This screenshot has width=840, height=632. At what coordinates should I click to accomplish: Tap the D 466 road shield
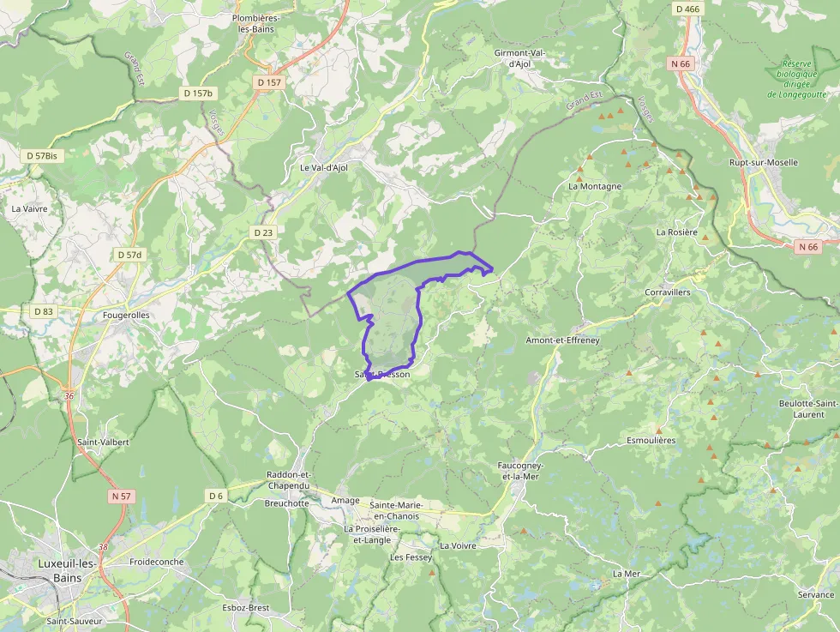(687, 9)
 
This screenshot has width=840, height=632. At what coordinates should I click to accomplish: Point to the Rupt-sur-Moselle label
(763, 162)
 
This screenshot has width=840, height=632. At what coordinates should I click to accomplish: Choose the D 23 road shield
(263, 232)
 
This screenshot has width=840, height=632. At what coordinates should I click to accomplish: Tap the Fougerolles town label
(126, 315)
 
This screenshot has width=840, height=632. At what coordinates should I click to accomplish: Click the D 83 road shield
(43, 311)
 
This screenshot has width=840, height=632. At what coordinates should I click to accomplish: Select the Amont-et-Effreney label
(562, 340)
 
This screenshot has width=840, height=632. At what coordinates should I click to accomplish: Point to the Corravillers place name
(668, 292)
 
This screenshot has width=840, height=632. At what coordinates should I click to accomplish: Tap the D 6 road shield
(215, 496)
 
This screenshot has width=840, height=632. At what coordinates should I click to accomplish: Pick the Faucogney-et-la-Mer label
(520, 471)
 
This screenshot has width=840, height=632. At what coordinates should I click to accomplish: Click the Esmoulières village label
(651, 441)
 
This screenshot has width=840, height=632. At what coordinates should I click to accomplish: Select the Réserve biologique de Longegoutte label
(802, 79)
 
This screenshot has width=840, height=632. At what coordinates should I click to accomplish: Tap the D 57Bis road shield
(42, 156)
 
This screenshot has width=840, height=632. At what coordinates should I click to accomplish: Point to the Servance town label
(815, 594)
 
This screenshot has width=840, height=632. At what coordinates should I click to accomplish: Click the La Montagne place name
(595, 186)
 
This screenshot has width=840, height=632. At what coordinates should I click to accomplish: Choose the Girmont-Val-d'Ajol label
(520, 58)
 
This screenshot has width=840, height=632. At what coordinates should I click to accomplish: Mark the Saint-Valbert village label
(103, 442)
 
